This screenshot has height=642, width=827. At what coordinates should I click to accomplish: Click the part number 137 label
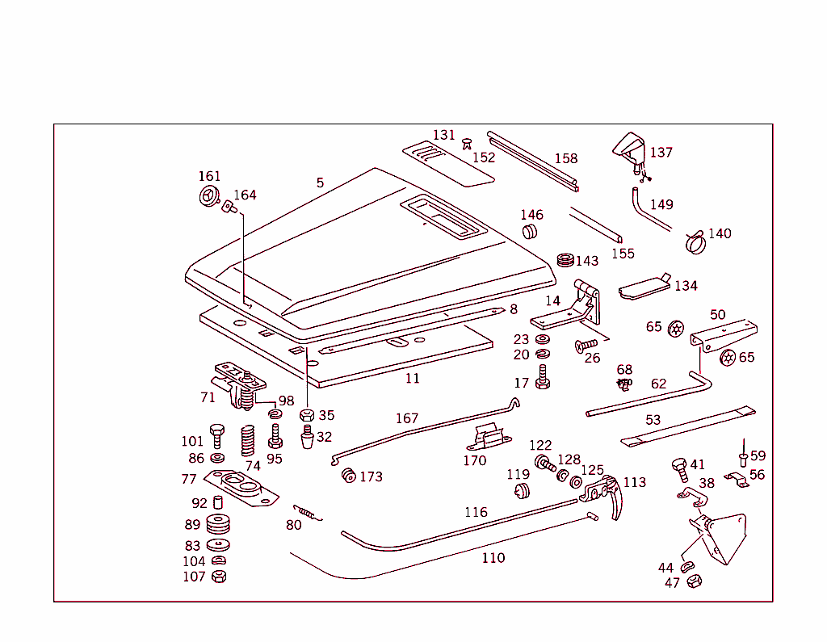coord(661,152)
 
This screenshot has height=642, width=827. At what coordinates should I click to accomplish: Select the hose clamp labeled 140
coord(695,240)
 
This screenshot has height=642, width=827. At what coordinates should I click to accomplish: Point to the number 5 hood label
coord(320,183)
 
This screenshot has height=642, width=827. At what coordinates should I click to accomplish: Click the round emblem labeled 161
coord(208,196)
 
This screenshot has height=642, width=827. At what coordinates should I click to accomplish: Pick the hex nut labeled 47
coord(692,581)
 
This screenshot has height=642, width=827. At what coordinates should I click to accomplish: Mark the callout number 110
coord(493,557)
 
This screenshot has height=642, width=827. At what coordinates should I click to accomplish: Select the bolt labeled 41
coord(679,468)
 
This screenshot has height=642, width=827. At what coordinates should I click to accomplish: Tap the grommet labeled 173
coord(348,475)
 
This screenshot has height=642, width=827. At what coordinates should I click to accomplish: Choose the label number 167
coord(407,418)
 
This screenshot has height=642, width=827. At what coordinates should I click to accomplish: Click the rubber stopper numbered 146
coord(531,233)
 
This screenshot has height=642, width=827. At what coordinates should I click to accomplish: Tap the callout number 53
coord(653,420)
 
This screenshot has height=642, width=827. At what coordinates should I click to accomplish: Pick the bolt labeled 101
coord(216,434)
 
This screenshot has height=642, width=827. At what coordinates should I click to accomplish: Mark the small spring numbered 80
coord(306,512)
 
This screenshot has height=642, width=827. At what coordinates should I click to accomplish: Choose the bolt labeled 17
coord(543,376)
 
